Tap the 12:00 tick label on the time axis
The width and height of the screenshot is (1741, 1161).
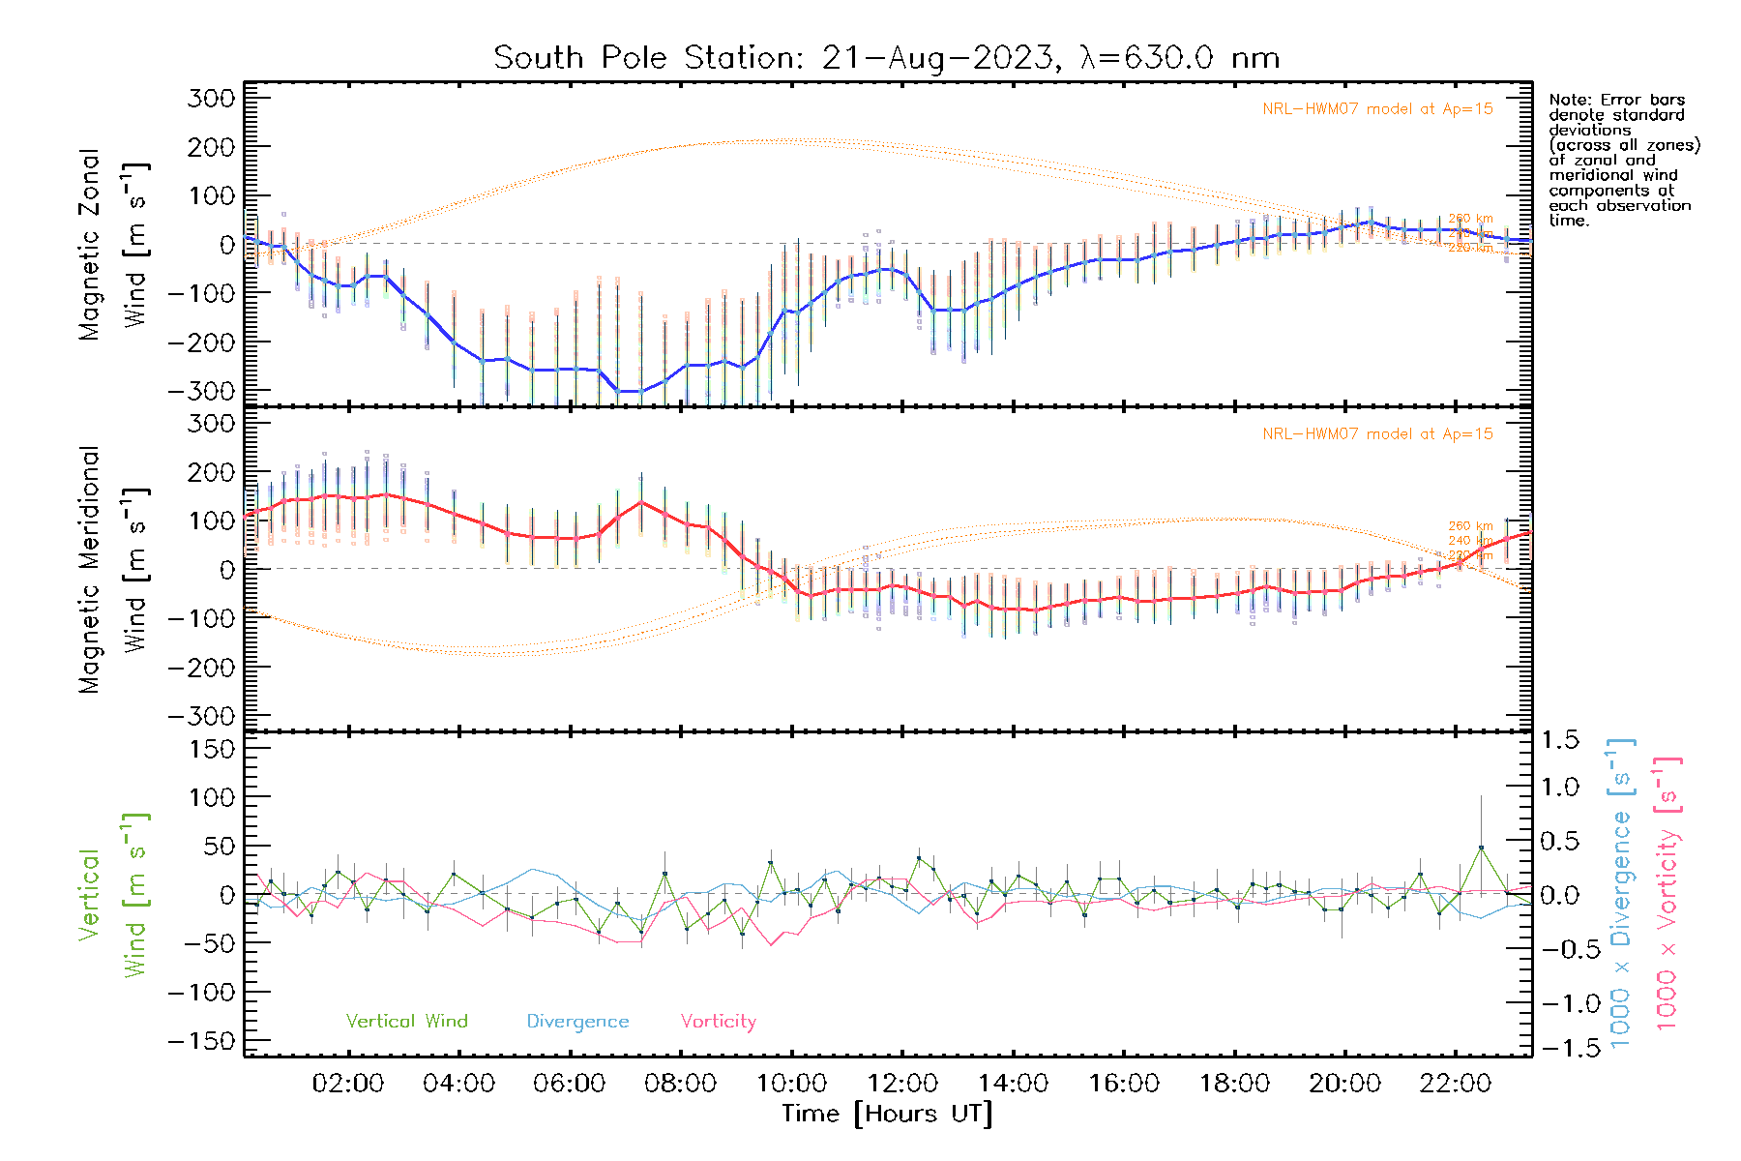click(902, 1084)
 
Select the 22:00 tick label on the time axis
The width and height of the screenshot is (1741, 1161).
click(1456, 1084)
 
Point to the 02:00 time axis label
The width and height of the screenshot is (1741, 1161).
click(348, 1084)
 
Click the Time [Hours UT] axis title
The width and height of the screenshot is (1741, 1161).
click(887, 1114)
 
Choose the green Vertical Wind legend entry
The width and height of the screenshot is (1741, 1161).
click(406, 1022)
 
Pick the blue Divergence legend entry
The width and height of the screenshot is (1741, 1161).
click(577, 1022)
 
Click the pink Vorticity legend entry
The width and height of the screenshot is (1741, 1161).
click(718, 1022)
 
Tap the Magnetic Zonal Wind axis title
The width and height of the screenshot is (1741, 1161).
click(113, 245)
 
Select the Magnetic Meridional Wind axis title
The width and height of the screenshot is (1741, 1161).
click(113, 570)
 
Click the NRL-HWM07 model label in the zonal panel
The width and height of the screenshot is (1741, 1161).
click(1377, 109)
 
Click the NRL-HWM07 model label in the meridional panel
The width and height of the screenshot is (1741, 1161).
click(1377, 434)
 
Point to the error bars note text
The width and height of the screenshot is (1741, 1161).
click(1623, 160)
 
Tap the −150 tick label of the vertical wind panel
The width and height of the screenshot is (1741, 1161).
click(200, 1041)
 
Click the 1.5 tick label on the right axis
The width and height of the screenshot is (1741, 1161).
click(1560, 740)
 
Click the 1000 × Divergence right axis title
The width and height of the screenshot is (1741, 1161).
click(1621, 893)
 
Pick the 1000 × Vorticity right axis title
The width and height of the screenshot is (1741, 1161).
click(1667, 893)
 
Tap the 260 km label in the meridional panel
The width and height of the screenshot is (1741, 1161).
click(1470, 526)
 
